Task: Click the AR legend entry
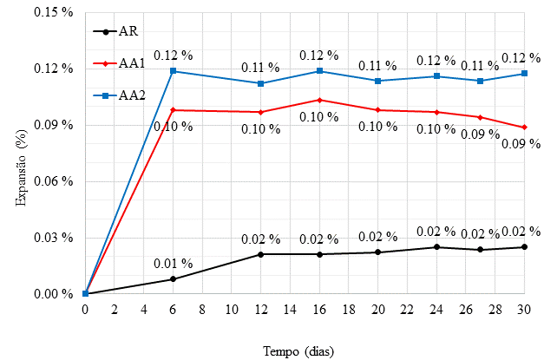click(x=118, y=32)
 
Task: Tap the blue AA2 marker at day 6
click(x=174, y=71)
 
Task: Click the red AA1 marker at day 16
click(x=320, y=100)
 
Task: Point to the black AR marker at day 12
click(x=261, y=254)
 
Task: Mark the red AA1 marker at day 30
click(x=524, y=128)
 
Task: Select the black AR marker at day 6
click(x=174, y=279)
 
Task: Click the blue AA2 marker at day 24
click(x=436, y=76)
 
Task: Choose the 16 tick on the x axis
click(x=320, y=310)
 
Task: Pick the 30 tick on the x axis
click(x=524, y=310)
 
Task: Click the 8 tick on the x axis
click(x=202, y=310)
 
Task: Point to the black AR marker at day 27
click(x=481, y=250)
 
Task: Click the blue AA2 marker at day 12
click(x=261, y=83)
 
